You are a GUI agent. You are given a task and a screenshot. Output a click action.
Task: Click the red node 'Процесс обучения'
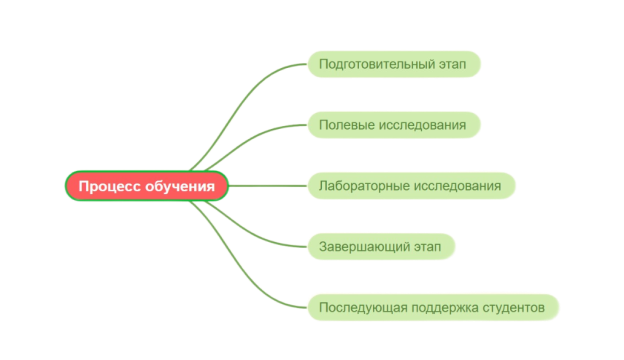click(147, 186)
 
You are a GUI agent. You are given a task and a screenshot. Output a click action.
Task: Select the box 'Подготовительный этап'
click(394, 65)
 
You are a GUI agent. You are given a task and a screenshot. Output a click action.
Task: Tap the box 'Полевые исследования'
click(394, 125)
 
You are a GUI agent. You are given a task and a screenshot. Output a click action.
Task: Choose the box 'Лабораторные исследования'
click(411, 186)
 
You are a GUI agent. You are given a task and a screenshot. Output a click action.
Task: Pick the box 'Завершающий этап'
click(381, 246)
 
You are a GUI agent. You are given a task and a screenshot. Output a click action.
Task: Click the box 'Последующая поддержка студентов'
click(432, 307)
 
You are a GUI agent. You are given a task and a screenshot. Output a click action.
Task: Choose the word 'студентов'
click(513, 307)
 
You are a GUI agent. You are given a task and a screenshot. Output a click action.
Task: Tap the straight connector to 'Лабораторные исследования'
click(268, 186)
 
